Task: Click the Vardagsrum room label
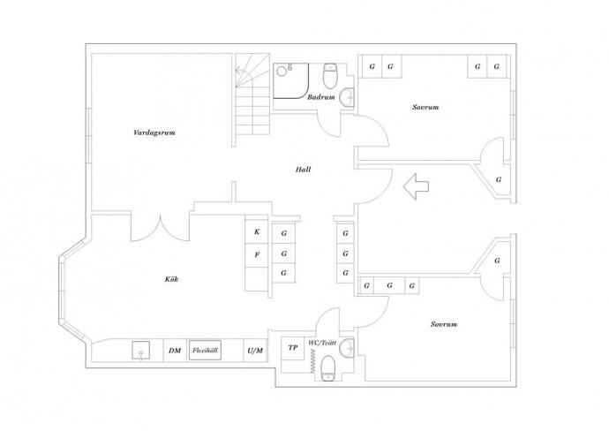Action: [x=154, y=132]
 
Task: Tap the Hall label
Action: [x=303, y=170]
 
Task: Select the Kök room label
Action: [x=171, y=279]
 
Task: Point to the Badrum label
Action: [x=320, y=97]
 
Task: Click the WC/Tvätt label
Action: [x=322, y=343]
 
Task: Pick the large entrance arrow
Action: [x=416, y=187]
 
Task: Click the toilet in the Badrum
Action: [x=330, y=76]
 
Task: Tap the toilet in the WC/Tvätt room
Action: [x=328, y=368]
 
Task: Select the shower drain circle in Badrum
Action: [x=282, y=72]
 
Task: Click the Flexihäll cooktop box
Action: [x=205, y=350]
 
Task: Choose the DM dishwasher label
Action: [x=175, y=351]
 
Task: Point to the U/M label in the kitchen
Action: [x=255, y=351]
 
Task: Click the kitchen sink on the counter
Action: [x=140, y=351]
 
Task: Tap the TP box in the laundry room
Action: [x=293, y=348]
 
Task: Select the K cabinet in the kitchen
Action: [x=257, y=231]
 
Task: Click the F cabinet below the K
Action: [x=257, y=255]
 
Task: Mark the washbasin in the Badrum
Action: [x=347, y=97]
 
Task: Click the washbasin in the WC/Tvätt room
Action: [x=347, y=347]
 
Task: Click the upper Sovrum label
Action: [x=425, y=107]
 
